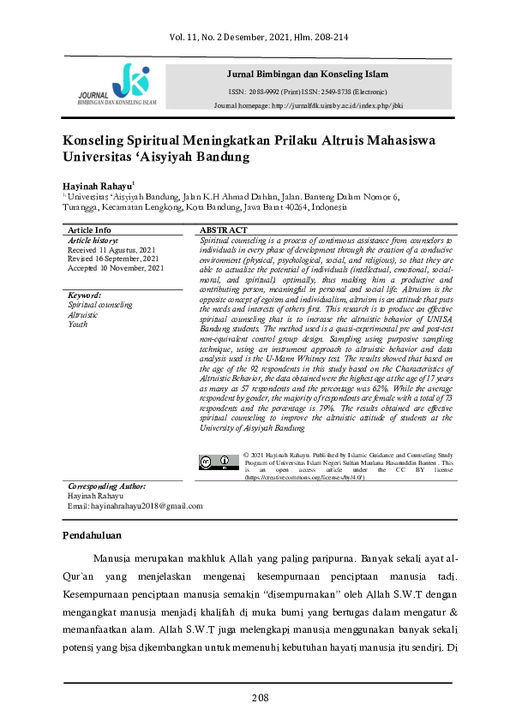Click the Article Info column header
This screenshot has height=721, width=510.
pyautogui.click(x=89, y=230)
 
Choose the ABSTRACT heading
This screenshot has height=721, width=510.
pyautogui.click(x=224, y=230)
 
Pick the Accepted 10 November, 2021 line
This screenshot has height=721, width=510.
pyautogui.click(x=115, y=268)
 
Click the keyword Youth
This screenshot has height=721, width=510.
pyautogui.click(x=78, y=325)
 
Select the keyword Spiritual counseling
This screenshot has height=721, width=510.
pyautogui.click(x=99, y=305)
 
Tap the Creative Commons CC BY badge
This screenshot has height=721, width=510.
pyautogui.click(x=218, y=462)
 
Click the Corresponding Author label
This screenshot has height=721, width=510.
pyautogui.click(x=107, y=486)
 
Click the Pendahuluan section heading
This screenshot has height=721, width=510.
pyautogui.click(x=93, y=536)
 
